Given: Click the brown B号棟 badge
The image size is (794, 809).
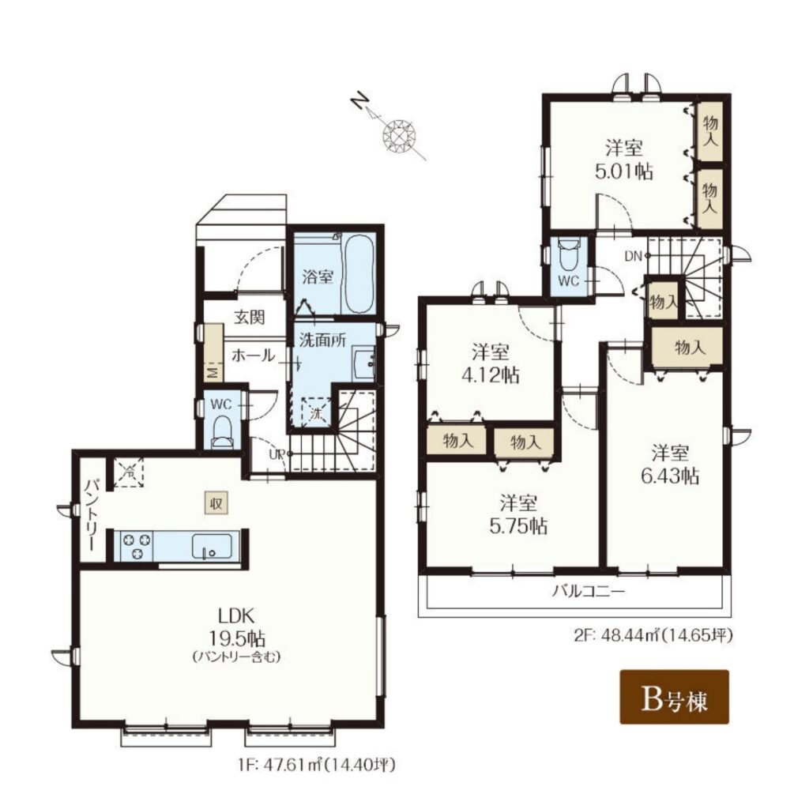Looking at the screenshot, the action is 674,697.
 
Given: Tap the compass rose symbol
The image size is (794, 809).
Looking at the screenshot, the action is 398,135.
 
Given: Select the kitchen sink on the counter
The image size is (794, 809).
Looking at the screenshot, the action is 212,546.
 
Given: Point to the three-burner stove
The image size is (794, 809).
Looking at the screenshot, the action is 137,546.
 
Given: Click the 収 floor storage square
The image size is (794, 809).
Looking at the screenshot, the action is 216,502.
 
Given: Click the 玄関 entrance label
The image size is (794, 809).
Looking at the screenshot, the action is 250,317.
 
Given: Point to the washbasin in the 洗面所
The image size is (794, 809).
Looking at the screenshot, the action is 364,363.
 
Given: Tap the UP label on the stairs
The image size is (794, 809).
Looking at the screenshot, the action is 277,454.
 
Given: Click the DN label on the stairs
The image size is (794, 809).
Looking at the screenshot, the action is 633,255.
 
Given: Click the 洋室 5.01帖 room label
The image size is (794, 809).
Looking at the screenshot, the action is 624,160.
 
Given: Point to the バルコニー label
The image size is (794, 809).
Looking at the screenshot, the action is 589,591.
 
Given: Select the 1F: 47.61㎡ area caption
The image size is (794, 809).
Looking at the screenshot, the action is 317,764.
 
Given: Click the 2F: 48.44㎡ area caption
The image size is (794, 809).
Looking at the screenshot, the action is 653,635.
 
